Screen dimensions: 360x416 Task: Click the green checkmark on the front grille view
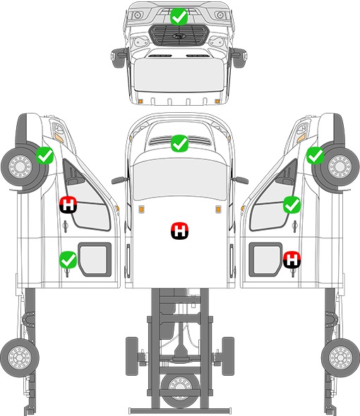click(x=179, y=16)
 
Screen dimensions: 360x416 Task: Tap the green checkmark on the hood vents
click(x=179, y=144)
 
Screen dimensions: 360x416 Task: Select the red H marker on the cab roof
click(x=179, y=231)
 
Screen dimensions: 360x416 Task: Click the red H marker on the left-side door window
click(x=68, y=204)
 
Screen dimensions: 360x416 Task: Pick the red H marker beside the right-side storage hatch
click(x=292, y=259)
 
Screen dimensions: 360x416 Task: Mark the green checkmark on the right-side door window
click(x=292, y=204)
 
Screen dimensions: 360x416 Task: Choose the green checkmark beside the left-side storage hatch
click(x=68, y=259)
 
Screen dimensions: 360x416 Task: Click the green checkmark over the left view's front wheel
click(x=44, y=155)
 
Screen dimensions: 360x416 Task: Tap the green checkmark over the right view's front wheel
click(x=315, y=155)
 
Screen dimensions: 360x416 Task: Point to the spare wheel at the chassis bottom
click(x=180, y=387)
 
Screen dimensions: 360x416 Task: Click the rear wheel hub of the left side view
click(x=19, y=357)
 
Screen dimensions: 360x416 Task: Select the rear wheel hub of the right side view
click(x=340, y=357)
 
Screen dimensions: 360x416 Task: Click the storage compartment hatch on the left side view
click(x=95, y=259)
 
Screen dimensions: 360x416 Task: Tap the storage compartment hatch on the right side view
click(x=265, y=259)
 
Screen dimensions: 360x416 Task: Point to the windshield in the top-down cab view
click(x=179, y=179)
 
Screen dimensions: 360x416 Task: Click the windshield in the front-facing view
click(x=179, y=74)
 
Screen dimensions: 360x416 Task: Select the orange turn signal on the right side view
click(x=301, y=137)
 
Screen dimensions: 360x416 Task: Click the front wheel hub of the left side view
click(x=20, y=166)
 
